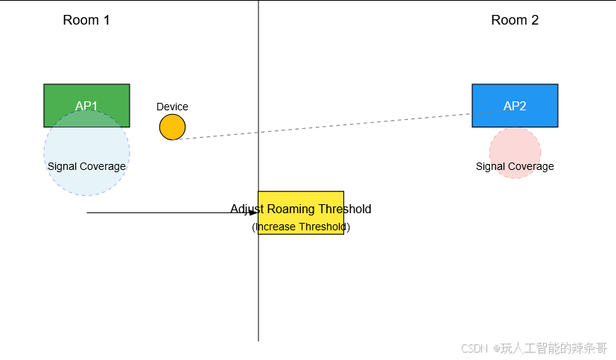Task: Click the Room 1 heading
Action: (86, 20)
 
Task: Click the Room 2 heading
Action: (515, 20)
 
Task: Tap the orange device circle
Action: (172, 127)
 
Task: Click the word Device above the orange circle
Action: (172, 107)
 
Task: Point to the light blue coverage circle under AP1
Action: (86, 183)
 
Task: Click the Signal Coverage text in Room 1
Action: (86, 166)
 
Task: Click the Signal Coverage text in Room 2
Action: (515, 166)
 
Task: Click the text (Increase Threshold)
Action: (301, 227)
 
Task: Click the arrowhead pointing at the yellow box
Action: (254, 213)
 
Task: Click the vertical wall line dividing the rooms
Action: (258, 298)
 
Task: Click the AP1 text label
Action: (86, 107)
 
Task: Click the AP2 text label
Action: (515, 107)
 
